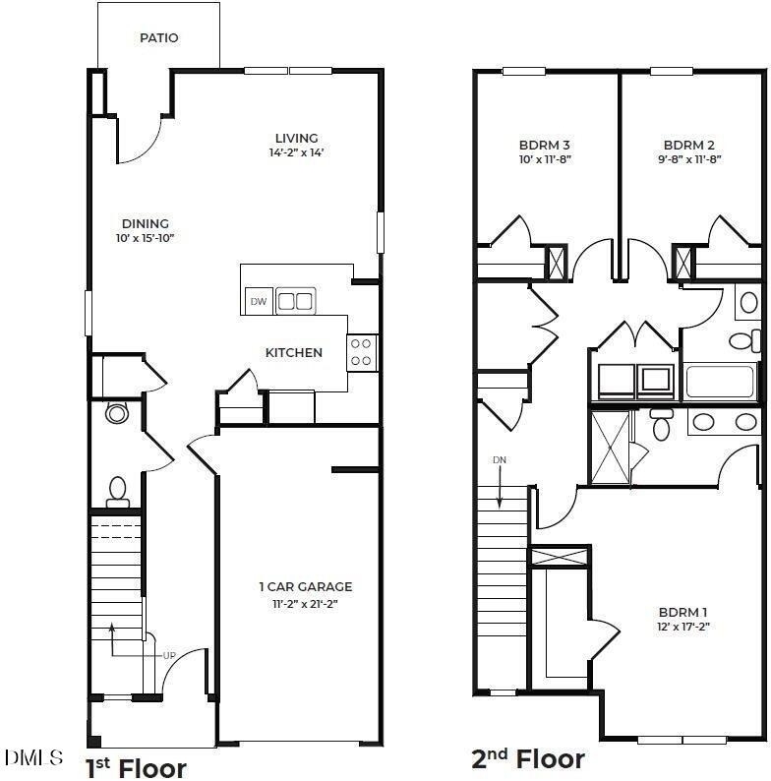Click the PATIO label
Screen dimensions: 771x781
coord(159,37)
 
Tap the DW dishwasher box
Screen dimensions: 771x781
coord(259,301)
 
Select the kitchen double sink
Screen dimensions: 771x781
coord(295,301)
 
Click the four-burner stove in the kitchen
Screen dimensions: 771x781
coord(362,353)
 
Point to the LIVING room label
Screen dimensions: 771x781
coord(296,138)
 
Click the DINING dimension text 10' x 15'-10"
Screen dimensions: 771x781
coord(145,238)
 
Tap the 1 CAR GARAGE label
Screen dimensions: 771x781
coord(305,587)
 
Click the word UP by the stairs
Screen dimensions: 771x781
coord(169,655)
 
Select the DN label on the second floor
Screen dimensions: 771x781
coord(500,459)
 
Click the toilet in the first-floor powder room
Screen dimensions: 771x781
coord(118,492)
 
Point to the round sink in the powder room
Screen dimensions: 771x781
coord(117,413)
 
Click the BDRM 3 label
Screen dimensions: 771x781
coord(545,145)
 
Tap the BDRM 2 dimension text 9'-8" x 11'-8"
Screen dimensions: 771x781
coord(689,159)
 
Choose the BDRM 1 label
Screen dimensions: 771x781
coord(682,612)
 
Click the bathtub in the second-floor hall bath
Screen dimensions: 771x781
coord(720,382)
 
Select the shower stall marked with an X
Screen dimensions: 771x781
coord(611,447)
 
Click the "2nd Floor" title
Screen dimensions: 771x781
coord(528,759)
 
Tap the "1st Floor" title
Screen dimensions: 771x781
coord(136,768)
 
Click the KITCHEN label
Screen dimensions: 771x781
coord(294,353)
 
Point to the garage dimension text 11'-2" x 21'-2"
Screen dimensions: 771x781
coord(305,604)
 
